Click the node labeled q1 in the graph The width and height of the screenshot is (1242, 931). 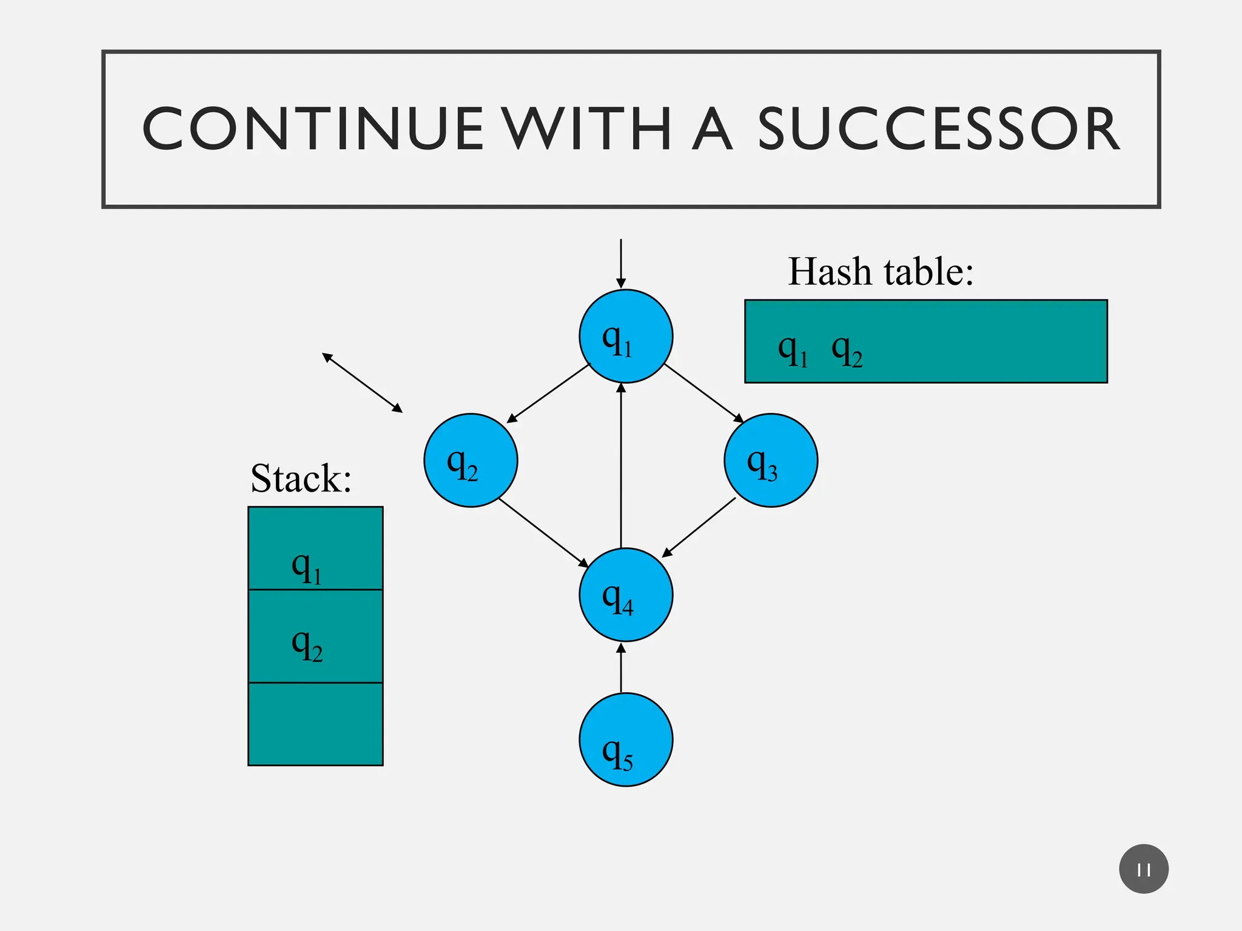click(x=625, y=336)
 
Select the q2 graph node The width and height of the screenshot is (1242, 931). click(x=471, y=461)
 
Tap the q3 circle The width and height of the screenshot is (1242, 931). click(x=771, y=461)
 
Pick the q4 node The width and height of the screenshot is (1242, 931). click(x=625, y=595)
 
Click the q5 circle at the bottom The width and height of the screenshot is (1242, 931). click(x=625, y=740)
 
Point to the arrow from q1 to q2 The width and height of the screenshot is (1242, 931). click(x=548, y=393)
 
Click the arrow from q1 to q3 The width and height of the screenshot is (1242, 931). click(x=704, y=393)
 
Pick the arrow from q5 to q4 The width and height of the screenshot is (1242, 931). click(x=620, y=668)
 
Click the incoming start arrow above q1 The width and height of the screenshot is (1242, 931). click(x=620, y=264)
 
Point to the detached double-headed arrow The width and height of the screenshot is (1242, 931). click(x=362, y=383)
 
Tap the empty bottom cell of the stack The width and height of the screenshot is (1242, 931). click(x=315, y=724)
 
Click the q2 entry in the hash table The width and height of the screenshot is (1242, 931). click(x=847, y=352)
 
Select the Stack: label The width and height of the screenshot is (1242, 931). click(x=301, y=479)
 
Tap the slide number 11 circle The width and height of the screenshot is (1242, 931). click(x=1143, y=869)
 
